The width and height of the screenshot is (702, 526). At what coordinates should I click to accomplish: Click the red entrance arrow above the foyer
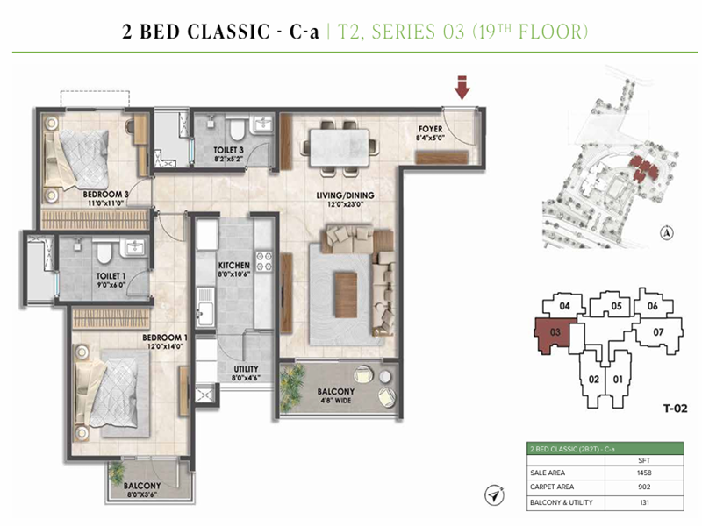[462, 88]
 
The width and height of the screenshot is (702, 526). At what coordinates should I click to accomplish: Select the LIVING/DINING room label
[342, 200]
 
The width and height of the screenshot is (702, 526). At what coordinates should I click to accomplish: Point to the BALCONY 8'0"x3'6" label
[143, 490]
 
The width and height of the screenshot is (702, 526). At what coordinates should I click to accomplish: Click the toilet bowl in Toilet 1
[103, 256]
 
